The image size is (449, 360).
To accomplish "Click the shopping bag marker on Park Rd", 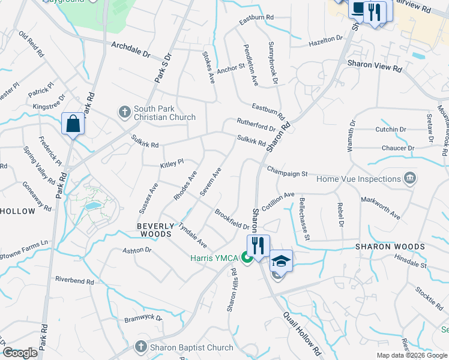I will pos(73,124).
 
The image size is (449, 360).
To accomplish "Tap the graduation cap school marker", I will pos(280,260).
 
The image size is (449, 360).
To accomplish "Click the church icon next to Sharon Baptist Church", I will pos(140,347).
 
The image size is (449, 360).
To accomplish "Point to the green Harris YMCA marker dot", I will pos(246,259).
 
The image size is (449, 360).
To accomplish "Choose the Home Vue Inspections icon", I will pos(411,178).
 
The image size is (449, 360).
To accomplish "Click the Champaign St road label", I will pos(287,171).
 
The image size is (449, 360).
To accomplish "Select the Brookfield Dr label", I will pos(232,219).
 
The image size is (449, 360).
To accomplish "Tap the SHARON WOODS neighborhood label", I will pos(390,247).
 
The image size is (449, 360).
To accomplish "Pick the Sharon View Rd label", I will pos(374,66).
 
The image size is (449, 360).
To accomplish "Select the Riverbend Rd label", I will pos(74,280).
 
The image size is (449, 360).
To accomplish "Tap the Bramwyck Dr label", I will pos(143,318).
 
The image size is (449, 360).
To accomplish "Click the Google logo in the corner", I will pos(20,353).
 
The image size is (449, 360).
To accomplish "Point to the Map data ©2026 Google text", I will pos(411,355).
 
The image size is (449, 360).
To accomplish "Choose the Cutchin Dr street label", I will pos(391,129).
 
